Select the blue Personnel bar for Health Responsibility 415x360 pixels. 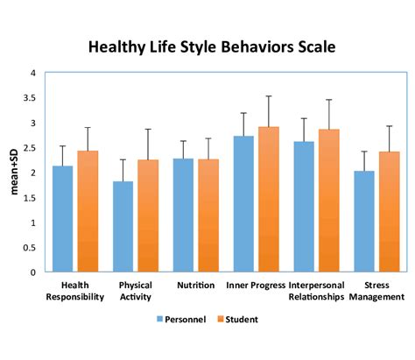click(x=62, y=219)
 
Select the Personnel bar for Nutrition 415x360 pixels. click(x=183, y=215)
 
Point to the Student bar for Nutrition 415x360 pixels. click(x=208, y=215)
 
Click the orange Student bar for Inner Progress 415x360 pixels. click(x=269, y=200)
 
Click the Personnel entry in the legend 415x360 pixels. click(x=181, y=320)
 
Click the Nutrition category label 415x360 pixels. click(x=195, y=286)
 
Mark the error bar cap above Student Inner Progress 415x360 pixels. click(x=269, y=96)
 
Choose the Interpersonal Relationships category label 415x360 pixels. click(x=317, y=291)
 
